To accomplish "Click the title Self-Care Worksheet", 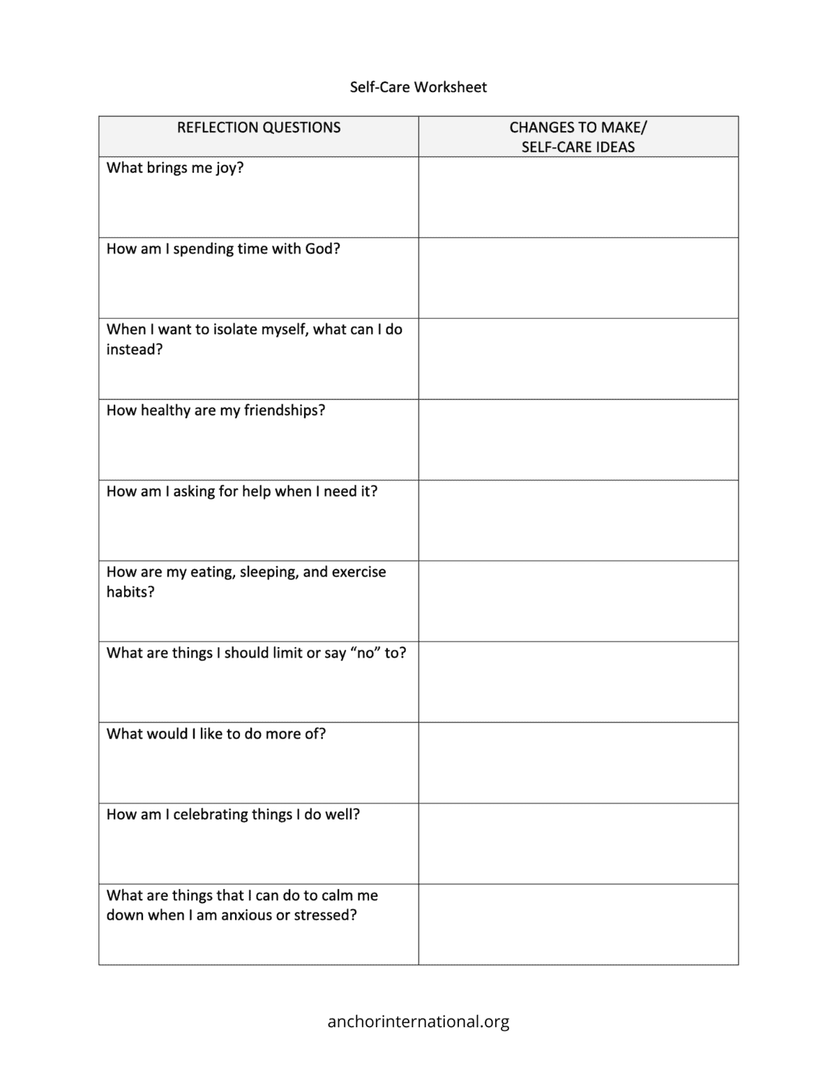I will click(x=418, y=87).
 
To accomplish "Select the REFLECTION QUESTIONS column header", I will click(x=259, y=128).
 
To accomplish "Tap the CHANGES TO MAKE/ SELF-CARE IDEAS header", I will click(x=578, y=137).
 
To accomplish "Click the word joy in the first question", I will click(x=227, y=168).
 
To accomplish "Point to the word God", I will click(x=319, y=249).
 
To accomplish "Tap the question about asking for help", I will click(x=242, y=491).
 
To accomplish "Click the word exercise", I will click(x=359, y=572).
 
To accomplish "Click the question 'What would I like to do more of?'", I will click(x=216, y=734).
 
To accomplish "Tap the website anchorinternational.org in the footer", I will click(x=418, y=1022).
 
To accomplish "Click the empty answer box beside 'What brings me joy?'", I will click(x=578, y=197).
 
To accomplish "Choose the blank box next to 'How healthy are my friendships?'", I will click(x=578, y=439).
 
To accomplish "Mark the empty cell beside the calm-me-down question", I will click(x=578, y=925).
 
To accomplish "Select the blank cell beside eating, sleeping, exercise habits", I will click(x=578, y=601).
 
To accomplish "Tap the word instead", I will click(x=134, y=349).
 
